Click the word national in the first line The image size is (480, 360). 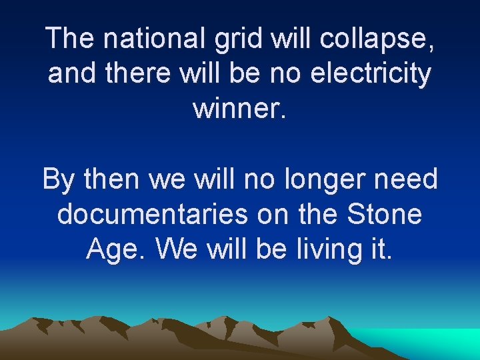pos(157,39)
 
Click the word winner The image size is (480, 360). pos(240,107)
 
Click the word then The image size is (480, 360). pos(109,179)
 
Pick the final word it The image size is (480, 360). pos(381,249)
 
